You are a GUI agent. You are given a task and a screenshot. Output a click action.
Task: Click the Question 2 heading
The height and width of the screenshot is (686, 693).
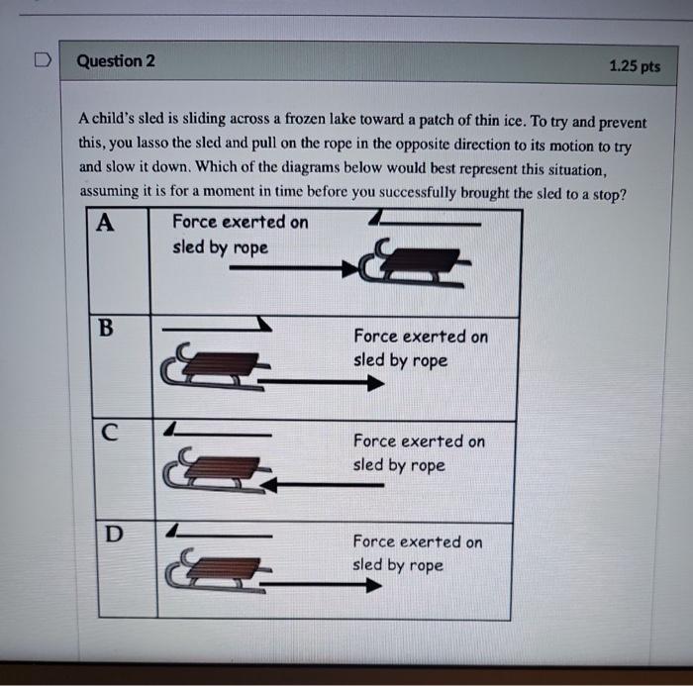point(116,61)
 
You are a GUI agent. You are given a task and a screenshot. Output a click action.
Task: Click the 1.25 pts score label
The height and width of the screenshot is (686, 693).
point(635,66)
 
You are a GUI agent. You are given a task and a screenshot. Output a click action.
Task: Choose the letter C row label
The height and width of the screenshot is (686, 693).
point(110,432)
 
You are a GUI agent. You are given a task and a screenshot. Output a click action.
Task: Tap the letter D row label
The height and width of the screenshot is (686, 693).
point(114,536)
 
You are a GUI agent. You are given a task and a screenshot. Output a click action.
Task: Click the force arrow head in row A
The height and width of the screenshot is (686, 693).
point(348,267)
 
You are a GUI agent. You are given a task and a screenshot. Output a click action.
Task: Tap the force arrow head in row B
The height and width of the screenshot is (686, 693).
point(373,384)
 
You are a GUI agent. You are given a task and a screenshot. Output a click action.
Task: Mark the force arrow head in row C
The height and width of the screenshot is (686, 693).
point(275,485)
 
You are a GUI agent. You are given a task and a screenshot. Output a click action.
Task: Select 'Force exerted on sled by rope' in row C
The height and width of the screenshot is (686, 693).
point(419,452)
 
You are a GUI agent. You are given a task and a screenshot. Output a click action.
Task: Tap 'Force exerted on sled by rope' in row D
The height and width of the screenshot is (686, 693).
point(418,553)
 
